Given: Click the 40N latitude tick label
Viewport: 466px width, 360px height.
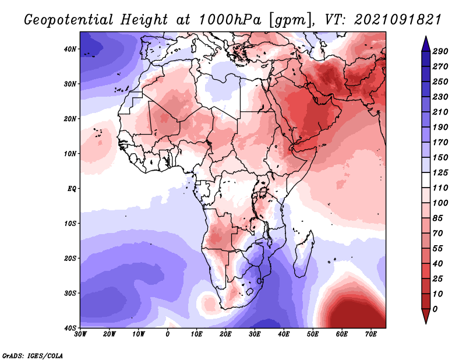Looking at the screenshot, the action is (70, 49).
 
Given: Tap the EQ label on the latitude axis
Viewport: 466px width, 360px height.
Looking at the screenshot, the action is (72, 189).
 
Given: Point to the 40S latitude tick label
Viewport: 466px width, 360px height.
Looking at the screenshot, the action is (70, 328).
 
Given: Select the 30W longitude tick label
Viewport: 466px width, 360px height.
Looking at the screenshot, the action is (80, 334).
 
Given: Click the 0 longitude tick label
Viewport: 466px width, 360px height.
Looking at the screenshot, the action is (168, 334).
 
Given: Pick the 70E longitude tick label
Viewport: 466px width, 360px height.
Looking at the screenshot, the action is (371, 334).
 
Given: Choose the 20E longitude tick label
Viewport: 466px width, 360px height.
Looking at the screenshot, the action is (225, 334).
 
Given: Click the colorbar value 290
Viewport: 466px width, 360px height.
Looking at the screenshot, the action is (440, 51).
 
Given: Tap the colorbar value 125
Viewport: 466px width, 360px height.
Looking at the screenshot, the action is (440, 172).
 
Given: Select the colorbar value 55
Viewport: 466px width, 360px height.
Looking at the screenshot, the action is (437, 249).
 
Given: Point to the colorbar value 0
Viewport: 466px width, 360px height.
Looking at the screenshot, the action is (435, 309).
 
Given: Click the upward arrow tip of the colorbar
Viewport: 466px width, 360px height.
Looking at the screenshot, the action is (426, 37).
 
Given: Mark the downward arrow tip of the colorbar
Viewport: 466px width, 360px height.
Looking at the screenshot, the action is (426, 323).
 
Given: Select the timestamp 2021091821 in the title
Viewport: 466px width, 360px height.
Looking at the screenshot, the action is (397, 20).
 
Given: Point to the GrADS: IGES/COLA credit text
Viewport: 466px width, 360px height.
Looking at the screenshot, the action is (33, 355).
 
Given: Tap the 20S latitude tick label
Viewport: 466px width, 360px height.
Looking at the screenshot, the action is (70, 258).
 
